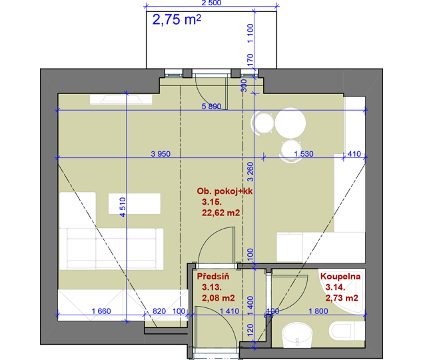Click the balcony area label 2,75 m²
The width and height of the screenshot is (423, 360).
point(177,19)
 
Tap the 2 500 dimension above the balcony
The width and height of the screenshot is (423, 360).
point(211,3)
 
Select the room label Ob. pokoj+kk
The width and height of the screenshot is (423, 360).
point(224,191)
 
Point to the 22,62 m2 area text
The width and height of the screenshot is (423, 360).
point(220,213)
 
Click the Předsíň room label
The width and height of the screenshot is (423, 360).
point(213,276)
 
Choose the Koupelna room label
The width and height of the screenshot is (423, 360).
point(340,276)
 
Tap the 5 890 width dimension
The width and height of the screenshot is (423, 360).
point(212,107)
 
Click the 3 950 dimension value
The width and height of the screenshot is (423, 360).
point(161,154)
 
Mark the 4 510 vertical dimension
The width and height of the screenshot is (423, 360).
point(123,207)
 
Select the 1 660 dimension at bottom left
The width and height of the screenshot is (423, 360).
point(101,311)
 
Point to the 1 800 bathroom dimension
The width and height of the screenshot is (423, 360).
point(318,311)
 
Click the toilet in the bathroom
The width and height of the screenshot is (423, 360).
point(346,331)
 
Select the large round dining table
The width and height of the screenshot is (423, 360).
point(290,123)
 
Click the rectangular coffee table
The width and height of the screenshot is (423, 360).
point(135,203)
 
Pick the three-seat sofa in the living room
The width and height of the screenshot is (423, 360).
point(111,249)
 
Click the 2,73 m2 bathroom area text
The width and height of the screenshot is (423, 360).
point(342,298)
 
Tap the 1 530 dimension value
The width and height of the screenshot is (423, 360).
point(304,154)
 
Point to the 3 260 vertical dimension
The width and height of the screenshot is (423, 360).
point(250,172)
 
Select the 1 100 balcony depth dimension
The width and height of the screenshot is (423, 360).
point(250,33)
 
